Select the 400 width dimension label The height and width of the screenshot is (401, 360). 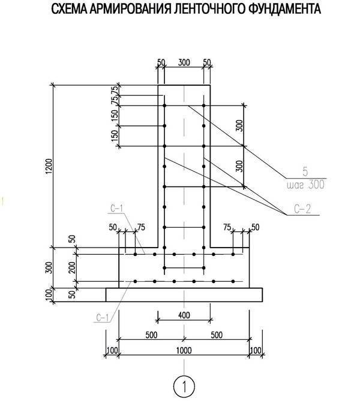tap(184, 315)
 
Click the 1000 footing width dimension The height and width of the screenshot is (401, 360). tap(184, 351)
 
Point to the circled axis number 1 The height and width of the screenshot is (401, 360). tap(184, 386)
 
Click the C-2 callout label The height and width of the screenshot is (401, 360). tap(302, 209)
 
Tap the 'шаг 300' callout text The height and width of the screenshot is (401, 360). tap(305, 185)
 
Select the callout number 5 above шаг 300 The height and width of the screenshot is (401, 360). tap(305, 171)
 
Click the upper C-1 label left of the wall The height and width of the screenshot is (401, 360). tap(117, 209)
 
